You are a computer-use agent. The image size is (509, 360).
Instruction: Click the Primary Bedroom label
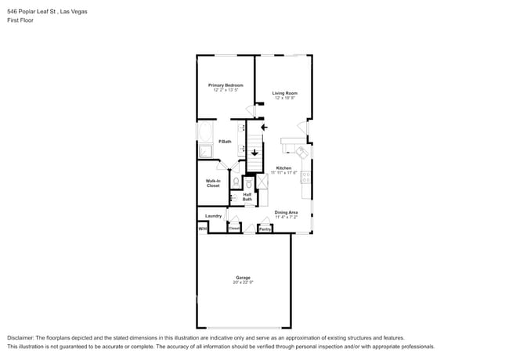pyautogui.click(x=225, y=85)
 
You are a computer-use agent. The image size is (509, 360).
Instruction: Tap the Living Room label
pyautogui.click(x=284, y=93)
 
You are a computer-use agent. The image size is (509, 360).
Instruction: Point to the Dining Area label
pyautogui.click(x=286, y=212)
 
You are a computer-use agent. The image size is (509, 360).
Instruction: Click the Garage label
pyautogui.click(x=243, y=277)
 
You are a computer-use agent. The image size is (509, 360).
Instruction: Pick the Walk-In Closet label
pyautogui.click(x=213, y=184)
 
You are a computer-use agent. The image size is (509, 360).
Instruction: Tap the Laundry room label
pyautogui.click(x=213, y=216)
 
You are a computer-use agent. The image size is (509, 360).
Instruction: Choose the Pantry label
pyautogui.click(x=265, y=229)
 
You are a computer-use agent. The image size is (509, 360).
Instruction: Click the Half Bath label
pyautogui.click(x=247, y=197)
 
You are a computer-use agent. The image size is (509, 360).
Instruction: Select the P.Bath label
pyautogui.click(x=225, y=141)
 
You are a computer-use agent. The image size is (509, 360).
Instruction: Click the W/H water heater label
pyautogui.click(x=202, y=229)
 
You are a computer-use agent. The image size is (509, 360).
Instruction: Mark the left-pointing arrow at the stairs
pyautogui.click(x=264, y=126)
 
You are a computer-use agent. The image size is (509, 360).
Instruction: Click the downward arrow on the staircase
pyautogui.click(x=254, y=153)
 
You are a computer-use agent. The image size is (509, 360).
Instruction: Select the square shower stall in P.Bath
pyautogui.click(x=205, y=152)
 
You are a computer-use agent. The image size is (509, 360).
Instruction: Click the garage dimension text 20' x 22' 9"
pyautogui.click(x=243, y=282)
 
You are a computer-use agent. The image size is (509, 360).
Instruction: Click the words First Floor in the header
pyautogui.click(x=20, y=20)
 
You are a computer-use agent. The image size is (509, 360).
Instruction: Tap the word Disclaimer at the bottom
pyautogui.click(x=21, y=337)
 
